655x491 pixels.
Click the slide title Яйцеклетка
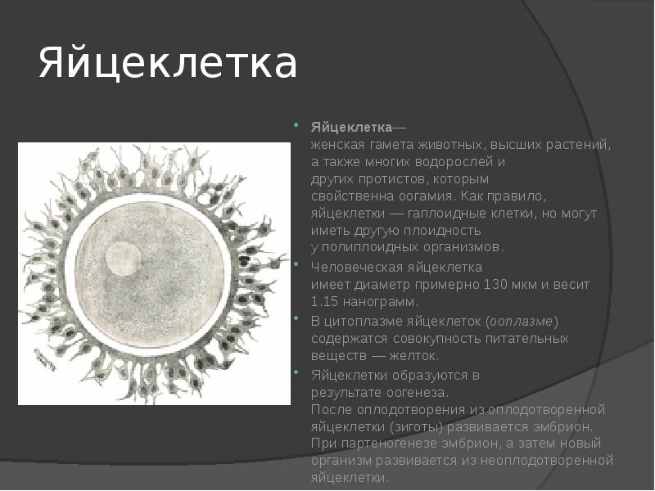coord(168,65)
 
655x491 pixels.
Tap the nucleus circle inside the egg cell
coord(122,259)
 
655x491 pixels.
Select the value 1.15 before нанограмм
coord(324,301)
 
